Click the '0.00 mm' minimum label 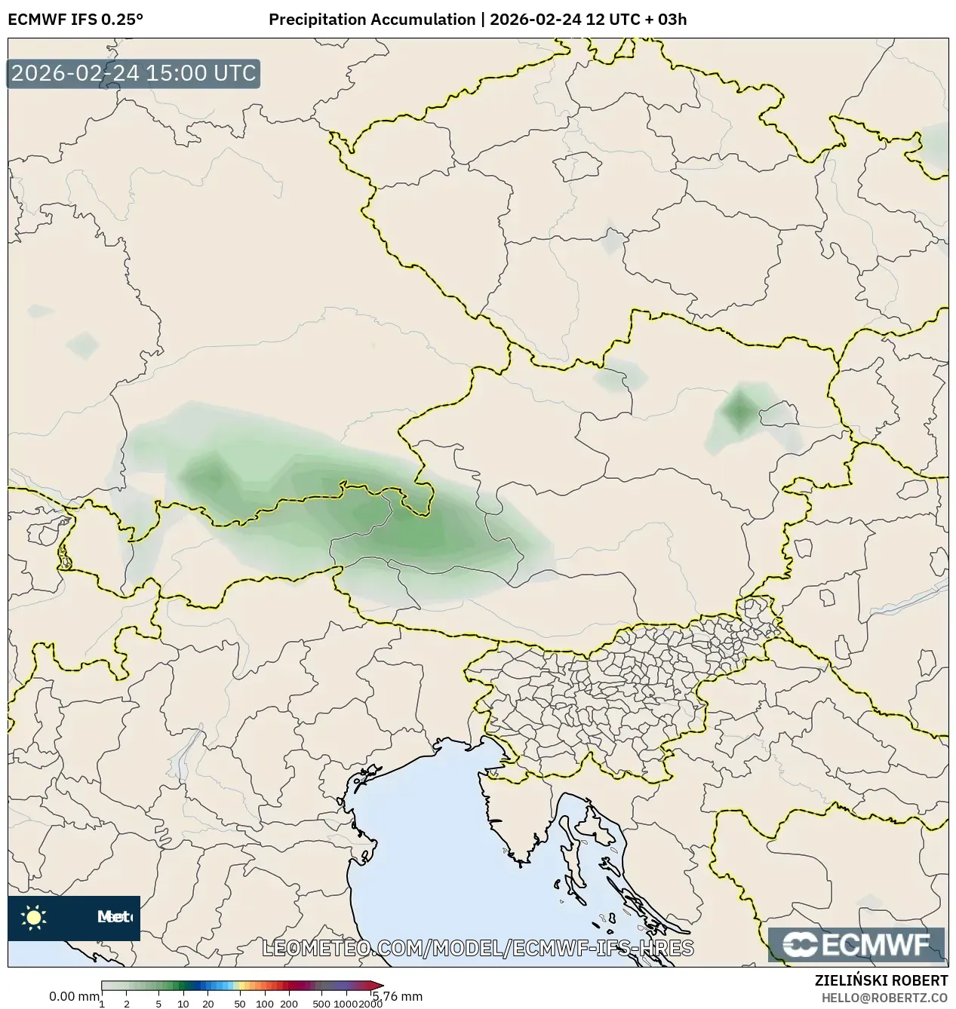tap(73, 996)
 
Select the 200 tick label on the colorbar tap(289, 1004)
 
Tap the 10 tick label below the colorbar tap(183, 1004)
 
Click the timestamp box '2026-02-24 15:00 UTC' tap(134, 73)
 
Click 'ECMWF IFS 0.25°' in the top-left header tap(75, 20)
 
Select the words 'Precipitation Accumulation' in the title tap(372, 20)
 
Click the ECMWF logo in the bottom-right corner tap(856, 945)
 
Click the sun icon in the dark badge tap(33, 918)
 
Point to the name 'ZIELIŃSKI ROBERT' tap(881, 980)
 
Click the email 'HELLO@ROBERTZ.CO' tap(884, 997)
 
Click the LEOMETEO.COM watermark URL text tap(478, 948)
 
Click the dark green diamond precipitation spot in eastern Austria tap(739, 410)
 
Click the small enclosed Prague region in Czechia tap(577, 167)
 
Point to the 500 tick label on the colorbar tap(321, 1004)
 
